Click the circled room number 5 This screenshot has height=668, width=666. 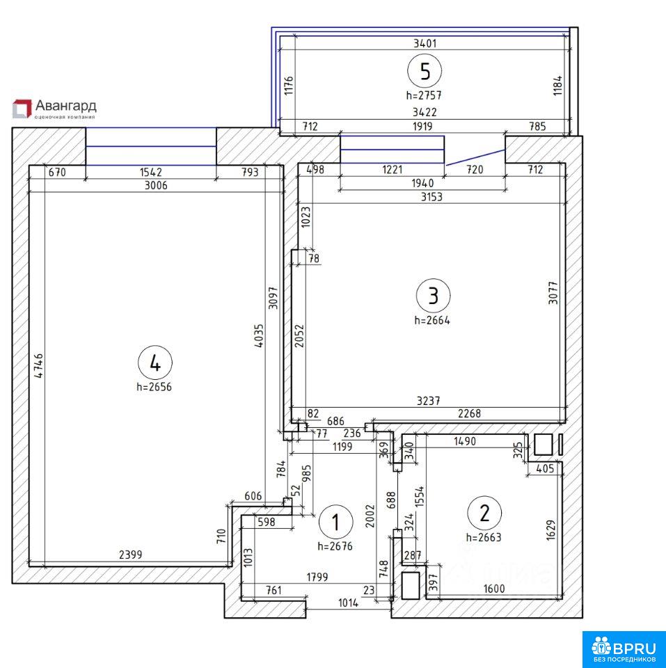[425, 71]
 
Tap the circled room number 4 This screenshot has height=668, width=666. [155, 363]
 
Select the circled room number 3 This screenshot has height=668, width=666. [433, 295]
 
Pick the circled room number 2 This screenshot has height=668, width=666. [484, 513]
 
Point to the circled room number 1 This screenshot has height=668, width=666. [335, 522]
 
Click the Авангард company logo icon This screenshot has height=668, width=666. [22, 109]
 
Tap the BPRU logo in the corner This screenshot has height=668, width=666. [624, 649]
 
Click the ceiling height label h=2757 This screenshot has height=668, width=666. [424, 95]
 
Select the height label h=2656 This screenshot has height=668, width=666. [154, 387]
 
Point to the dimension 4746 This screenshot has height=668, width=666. [39, 365]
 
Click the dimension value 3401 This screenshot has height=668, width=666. [425, 43]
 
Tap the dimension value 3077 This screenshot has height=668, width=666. [553, 292]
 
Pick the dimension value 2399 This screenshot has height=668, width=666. [130, 555]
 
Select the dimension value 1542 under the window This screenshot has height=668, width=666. [151, 172]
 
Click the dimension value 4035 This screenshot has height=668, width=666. [259, 337]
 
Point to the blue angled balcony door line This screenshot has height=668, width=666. [475, 157]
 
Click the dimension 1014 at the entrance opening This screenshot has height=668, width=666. [348, 603]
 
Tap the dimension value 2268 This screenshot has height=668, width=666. [469, 413]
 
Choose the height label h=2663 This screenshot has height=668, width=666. [484, 537]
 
